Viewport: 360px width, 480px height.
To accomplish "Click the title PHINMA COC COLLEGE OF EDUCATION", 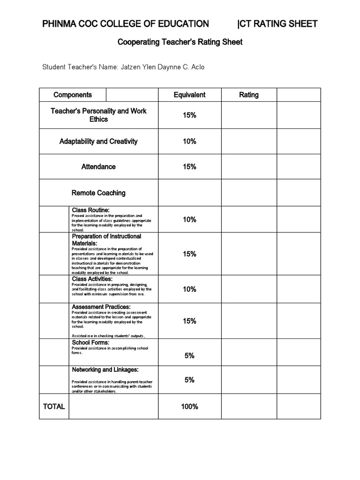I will coord(126,24).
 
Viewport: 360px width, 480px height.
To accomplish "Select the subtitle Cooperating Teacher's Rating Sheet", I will coord(180,42).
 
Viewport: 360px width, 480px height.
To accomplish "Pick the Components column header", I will coord(73,95).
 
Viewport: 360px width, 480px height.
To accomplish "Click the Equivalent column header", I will coord(189,95).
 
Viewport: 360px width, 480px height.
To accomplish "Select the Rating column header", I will coord(248,95).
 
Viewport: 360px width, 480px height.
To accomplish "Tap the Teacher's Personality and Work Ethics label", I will coord(98,115).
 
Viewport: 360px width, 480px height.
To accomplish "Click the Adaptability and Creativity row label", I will coord(98,141).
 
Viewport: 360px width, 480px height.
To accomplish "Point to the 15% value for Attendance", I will coord(189,166).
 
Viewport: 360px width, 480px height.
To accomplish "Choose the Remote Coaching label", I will coord(98,193).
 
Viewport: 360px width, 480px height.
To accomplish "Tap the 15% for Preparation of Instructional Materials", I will coord(189,254).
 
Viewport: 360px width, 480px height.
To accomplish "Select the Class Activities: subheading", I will coord(92,279).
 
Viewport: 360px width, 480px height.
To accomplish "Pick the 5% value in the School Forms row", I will coord(189,356).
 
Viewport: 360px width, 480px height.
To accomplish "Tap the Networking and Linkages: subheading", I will coord(105,370).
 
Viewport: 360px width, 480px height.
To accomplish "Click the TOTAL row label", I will coord(54,406).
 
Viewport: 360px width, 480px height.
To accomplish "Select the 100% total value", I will coord(189,406).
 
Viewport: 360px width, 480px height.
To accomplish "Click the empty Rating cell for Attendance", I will coord(248,166).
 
